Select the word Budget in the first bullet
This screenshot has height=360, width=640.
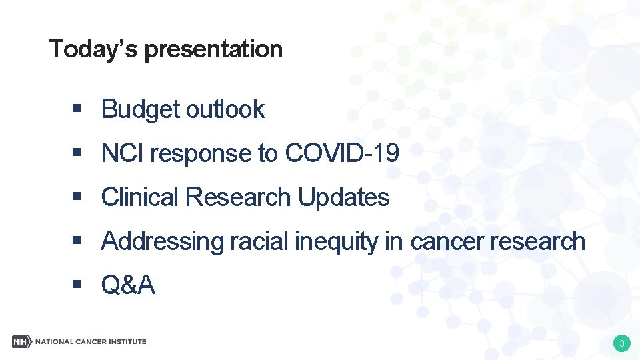point(140,110)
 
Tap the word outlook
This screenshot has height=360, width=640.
point(225,109)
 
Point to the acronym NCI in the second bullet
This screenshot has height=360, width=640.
point(123,153)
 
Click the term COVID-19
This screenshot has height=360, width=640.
point(342,153)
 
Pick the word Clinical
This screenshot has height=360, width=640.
point(140,197)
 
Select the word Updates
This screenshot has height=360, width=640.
point(343,197)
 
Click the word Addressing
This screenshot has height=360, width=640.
point(162,241)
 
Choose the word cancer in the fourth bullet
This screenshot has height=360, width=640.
point(447,241)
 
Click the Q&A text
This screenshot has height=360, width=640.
point(128,285)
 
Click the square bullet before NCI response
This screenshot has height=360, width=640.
point(77,153)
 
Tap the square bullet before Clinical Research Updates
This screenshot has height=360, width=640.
point(77,197)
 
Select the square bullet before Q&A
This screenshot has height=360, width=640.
point(77,285)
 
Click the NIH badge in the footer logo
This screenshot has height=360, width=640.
point(21,341)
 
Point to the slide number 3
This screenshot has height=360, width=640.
point(621,344)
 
